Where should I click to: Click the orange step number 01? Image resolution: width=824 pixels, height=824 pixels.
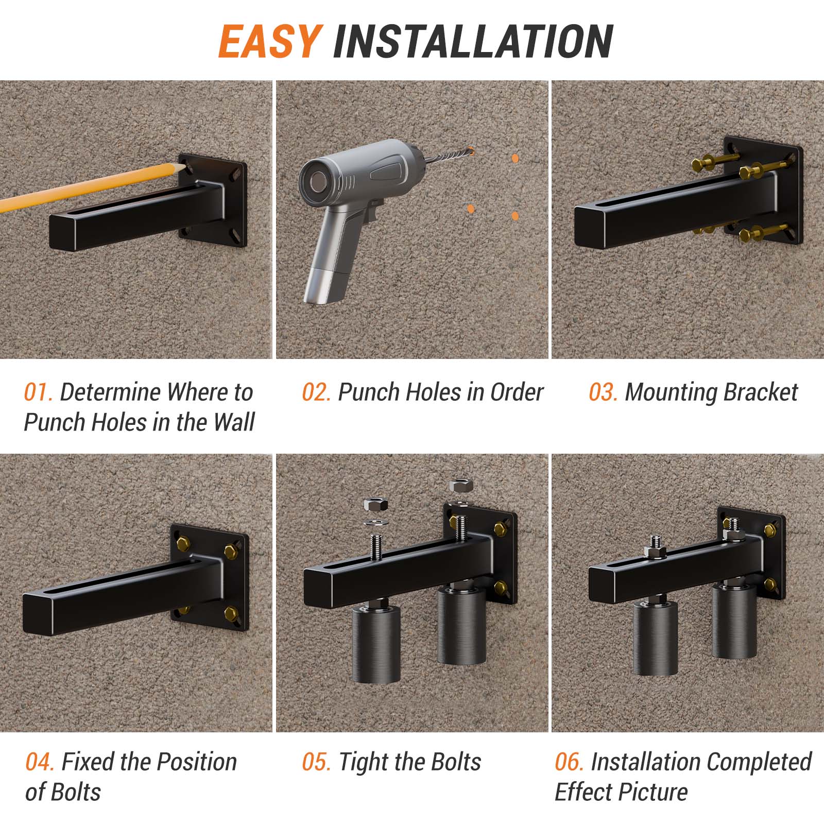38,392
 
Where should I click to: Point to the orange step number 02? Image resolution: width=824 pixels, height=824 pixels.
316,392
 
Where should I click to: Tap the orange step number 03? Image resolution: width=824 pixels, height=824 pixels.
603,392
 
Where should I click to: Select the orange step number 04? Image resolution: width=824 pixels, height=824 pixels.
39,762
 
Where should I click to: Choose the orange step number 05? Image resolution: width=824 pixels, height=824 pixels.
316,762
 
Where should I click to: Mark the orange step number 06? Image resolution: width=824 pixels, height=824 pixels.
569,762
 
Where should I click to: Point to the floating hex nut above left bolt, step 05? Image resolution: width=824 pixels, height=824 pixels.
371,504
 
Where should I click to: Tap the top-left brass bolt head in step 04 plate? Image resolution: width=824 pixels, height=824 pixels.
183,542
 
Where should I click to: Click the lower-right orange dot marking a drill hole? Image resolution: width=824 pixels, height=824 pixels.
515,216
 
